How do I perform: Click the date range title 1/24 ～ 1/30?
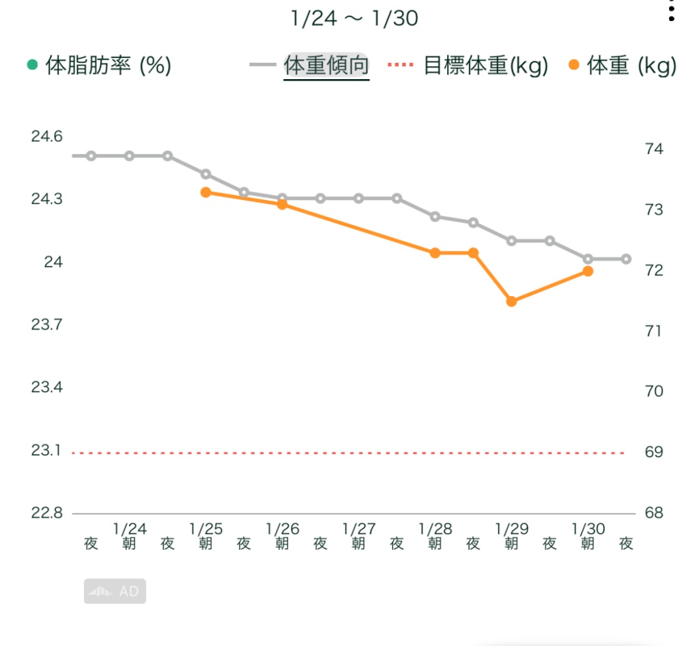click(x=354, y=18)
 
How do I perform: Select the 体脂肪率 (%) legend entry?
click(x=99, y=66)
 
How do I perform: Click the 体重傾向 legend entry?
click(x=326, y=66)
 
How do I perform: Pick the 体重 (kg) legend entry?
click(x=623, y=66)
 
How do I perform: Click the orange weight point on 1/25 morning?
click(x=205, y=192)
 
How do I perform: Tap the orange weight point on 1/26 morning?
click(x=282, y=205)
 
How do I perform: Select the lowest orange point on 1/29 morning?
click(x=511, y=302)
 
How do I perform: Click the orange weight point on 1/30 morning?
click(x=588, y=271)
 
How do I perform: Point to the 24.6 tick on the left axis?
click(x=46, y=137)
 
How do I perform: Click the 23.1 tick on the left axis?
click(x=46, y=450)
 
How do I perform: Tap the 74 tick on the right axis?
click(x=654, y=149)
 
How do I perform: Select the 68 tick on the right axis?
click(x=654, y=513)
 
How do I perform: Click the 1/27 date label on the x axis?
click(x=359, y=529)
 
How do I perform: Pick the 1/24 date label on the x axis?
click(x=130, y=529)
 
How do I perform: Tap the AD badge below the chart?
click(x=115, y=591)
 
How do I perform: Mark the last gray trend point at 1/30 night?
click(x=626, y=259)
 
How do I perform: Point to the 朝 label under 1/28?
click(x=435, y=544)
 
